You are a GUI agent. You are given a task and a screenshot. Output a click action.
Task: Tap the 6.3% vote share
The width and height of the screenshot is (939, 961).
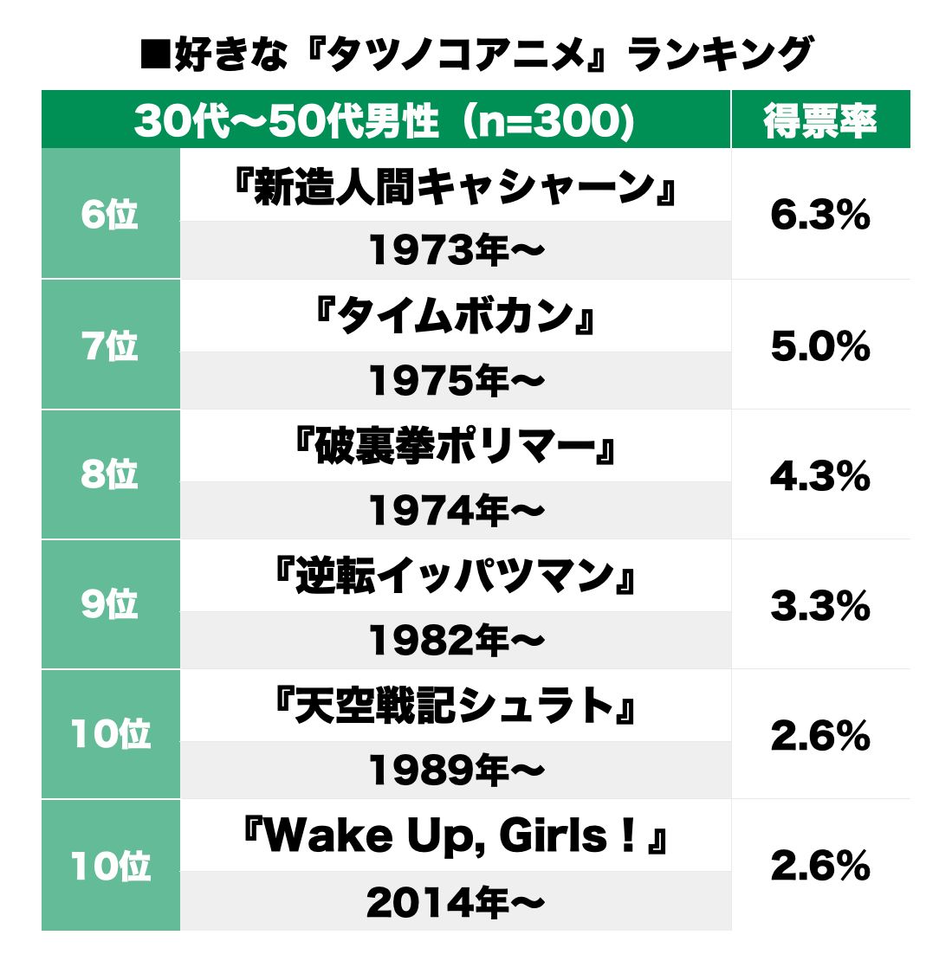tap(819, 216)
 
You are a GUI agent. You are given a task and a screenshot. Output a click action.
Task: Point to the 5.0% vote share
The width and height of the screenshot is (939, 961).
tap(819, 346)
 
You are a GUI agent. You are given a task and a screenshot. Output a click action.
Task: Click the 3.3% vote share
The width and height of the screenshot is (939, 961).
tap(819, 606)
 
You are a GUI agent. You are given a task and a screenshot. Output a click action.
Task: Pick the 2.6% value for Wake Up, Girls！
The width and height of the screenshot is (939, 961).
tap(819, 866)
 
